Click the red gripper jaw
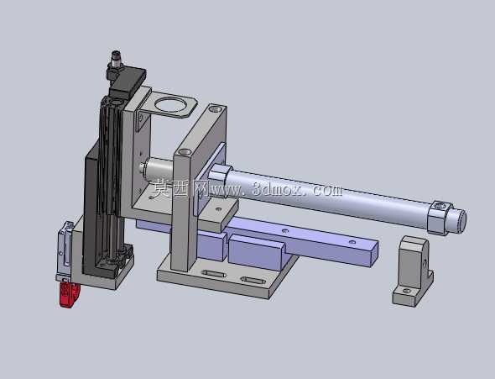click(69, 294)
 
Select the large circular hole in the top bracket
click(171, 105)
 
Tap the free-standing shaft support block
click(413, 271)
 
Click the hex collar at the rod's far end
click(439, 218)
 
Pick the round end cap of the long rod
click(461, 218)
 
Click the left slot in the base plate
click(214, 273)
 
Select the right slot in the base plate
click(253, 280)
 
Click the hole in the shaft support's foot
click(407, 290)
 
